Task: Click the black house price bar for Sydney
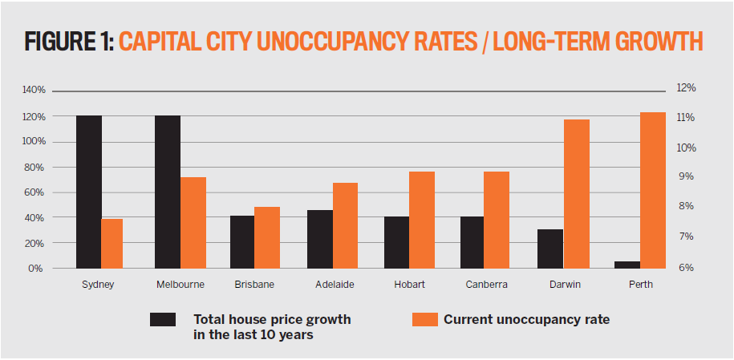pos(89,192)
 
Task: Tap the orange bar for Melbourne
pos(193,223)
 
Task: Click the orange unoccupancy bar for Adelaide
pos(346,225)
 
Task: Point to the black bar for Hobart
pos(397,242)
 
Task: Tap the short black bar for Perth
pos(627,265)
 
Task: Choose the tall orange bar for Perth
pos(653,190)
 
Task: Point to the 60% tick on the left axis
pos(35,192)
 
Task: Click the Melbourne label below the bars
pos(180,285)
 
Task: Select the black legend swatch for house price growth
pos(163,320)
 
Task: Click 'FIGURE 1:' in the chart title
pos(68,42)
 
